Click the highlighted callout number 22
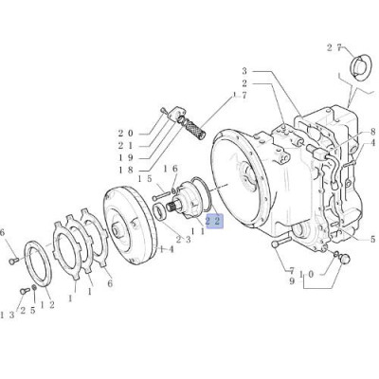click(x=214, y=221)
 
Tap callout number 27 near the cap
click(x=334, y=48)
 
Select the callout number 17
click(x=240, y=95)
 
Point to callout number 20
click(x=126, y=134)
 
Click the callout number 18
click(x=126, y=171)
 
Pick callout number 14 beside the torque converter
click(x=167, y=250)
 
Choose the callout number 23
click(x=183, y=240)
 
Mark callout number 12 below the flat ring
click(x=47, y=305)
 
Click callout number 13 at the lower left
click(x=7, y=315)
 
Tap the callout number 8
click(x=372, y=131)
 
